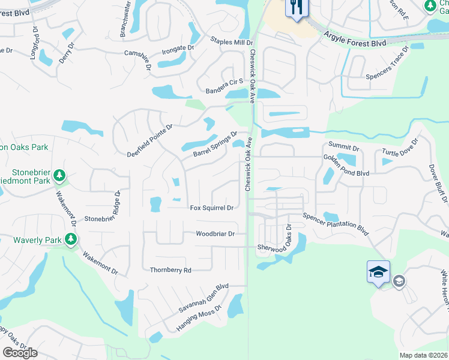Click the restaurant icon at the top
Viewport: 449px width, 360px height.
[297, 8]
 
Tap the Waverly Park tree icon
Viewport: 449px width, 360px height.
[71, 240]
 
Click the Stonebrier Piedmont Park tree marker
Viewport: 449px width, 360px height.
[59, 175]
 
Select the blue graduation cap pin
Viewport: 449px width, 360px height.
[379, 272]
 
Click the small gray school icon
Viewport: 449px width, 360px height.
[398, 281]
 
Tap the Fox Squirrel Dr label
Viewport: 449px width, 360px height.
[211, 208]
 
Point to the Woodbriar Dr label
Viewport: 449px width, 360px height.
[215, 233]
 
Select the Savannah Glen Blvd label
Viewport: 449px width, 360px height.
[203, 298]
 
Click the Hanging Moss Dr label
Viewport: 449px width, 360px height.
[199, 319]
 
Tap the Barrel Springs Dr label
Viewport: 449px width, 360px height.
[215, 145]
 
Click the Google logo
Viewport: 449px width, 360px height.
[20, 353]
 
